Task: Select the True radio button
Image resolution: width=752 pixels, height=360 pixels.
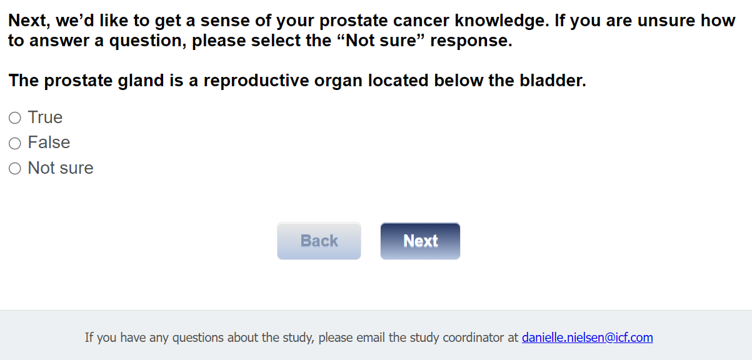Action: click(15, 117)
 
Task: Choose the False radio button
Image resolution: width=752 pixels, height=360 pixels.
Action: click(15, 143)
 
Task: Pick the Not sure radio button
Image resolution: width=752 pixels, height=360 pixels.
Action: click(15, 168)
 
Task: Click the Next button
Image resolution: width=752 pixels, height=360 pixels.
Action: click(420, 241)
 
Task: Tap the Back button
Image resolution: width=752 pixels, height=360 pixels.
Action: click(319, 241)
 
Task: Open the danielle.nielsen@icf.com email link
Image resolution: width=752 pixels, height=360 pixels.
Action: click(588, 337)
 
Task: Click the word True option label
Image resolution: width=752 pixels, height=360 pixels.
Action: click(46, 117)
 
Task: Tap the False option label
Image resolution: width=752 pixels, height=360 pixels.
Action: click(49, 142)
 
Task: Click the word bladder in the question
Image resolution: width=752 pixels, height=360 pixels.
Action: click(553, 81)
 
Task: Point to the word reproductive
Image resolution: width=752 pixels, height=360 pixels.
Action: click(256, 81)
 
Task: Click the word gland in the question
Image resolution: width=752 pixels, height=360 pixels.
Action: click(141, 81)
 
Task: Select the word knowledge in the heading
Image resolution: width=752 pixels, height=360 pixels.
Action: click(502, 21)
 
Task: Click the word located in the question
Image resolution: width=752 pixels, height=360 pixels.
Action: click(398, 81)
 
